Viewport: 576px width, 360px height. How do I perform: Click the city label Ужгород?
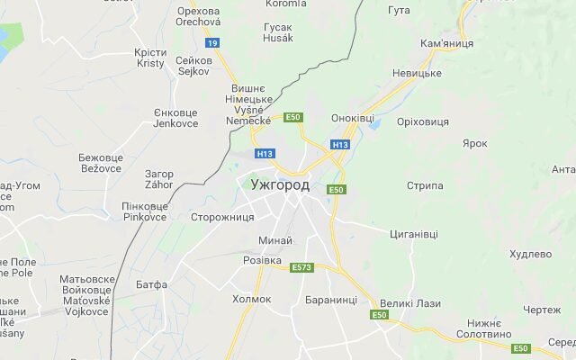coord(280,185)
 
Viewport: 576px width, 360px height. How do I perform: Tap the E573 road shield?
coord(301,267)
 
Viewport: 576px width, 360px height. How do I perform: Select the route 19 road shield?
coord(212,42)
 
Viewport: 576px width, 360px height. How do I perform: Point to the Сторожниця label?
coord(222,218)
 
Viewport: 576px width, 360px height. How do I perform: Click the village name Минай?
coord(274,240)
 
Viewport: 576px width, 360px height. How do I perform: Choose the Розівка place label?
coord(263,259)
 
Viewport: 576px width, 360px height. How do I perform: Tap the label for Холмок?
coord(251,299)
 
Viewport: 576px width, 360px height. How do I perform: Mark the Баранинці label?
coord(331,300)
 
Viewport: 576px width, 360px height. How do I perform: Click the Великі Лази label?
coord(410,303)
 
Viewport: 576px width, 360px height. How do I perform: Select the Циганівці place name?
coord(414,234)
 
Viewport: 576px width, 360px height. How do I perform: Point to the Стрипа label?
coord(425,185)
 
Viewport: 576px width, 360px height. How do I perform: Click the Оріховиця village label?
coord(423,121)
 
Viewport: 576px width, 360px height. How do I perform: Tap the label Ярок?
coord(474,143)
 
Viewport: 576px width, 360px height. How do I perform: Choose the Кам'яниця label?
coord(442,43)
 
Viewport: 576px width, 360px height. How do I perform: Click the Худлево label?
coord(530,255)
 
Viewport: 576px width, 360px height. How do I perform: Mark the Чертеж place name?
coord(542,310)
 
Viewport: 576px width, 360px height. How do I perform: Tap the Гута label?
coord(399,10)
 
